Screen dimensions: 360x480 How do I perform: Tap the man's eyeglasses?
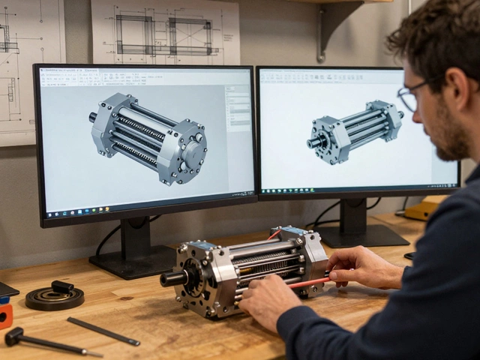[x=411, y=97]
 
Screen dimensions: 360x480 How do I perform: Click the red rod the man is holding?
[x=307, y=283]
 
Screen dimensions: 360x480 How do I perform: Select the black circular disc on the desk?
[x=54, y=298]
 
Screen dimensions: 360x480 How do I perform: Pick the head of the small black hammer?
[x=13, y=337]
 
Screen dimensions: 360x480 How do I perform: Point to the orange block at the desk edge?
[x=5, y=315]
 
